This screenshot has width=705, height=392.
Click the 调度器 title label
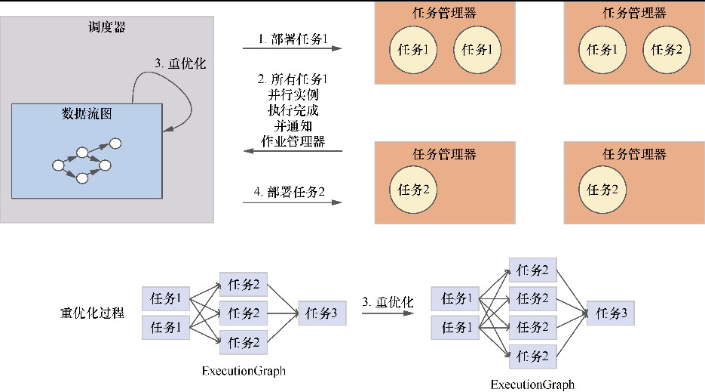click(107, 28)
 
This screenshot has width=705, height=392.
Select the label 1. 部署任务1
click(293, 38)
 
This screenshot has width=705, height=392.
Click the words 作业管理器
click(293, 141)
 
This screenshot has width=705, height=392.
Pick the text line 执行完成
click(293, 110)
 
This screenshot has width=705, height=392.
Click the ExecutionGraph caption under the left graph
click(244, 371)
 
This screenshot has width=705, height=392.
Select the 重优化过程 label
click(92, 313)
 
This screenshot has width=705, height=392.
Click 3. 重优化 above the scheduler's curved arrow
click(180, 63)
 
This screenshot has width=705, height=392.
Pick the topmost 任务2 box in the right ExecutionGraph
click(533, 270)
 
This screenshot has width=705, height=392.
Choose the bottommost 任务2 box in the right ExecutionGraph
click(533, 354)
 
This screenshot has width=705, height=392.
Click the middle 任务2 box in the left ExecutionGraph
click(244, 313)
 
